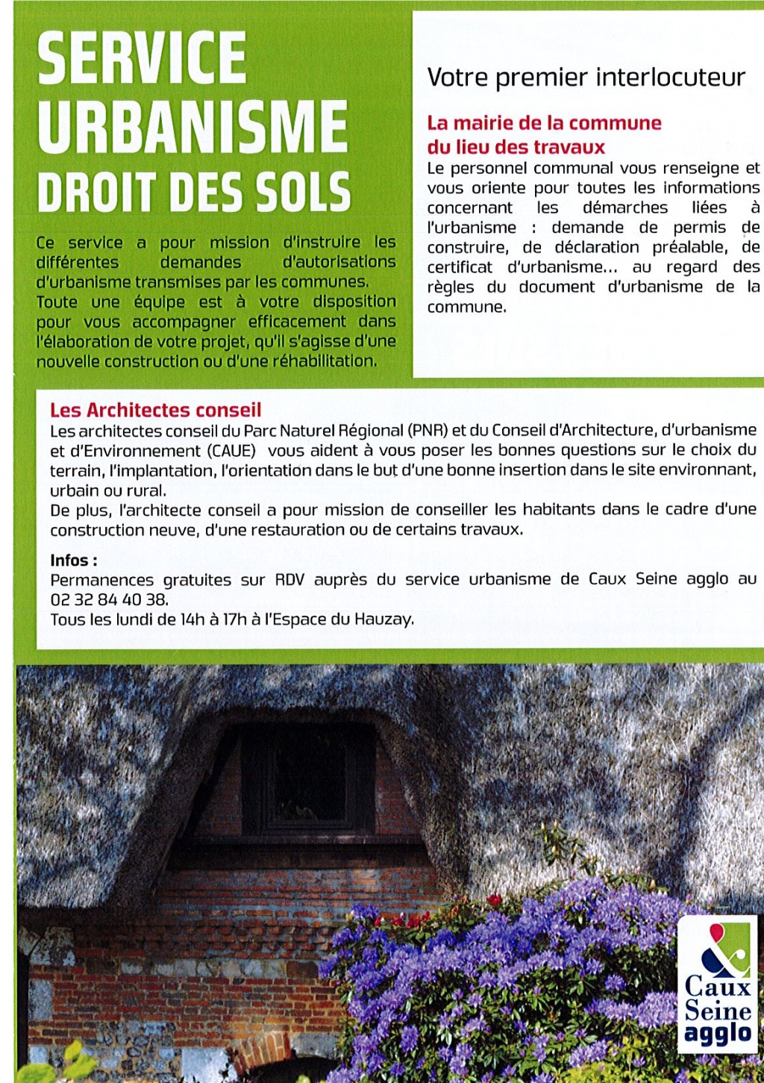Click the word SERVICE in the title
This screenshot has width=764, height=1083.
pos(142,58)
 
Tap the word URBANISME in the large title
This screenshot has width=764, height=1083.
pos(192,125)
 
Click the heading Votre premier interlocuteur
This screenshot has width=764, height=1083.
pos(586,78)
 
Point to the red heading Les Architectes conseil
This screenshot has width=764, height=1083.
pos(155,410)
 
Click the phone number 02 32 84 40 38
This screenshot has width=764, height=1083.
pos(108,599)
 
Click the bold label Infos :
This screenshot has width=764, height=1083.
pos(73,561)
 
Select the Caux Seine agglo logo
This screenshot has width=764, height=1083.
pos(717,984)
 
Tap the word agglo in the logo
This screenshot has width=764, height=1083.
pos(718,1034)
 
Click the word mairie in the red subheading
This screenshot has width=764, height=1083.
pos(484,123)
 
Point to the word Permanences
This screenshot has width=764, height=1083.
pos(102,580)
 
